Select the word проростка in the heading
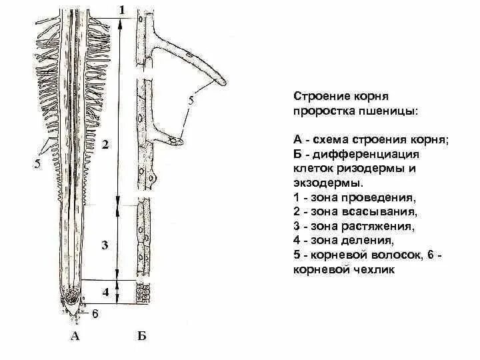[x=323, y=109]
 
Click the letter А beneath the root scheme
[x=75, y=337]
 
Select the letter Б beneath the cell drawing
[x=141, y=337]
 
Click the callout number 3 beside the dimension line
[x=104, y=245]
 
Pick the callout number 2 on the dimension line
[x=106, y=144]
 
